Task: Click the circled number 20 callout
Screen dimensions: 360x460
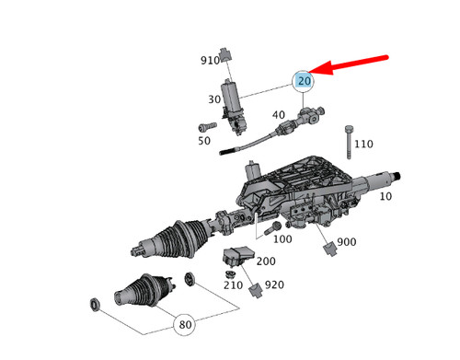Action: coord(305,82)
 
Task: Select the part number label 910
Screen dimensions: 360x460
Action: coord(210,61)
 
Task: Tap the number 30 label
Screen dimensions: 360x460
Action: coord(213,99)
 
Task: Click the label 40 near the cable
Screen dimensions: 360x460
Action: coord(279,114)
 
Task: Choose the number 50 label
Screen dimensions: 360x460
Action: coord(204,141)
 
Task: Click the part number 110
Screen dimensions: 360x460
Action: coord(363,145)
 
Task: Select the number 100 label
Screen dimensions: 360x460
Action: coord(282,239)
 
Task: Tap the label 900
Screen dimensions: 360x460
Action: coord(347,243)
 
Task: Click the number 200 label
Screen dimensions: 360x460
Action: coord(265,261)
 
